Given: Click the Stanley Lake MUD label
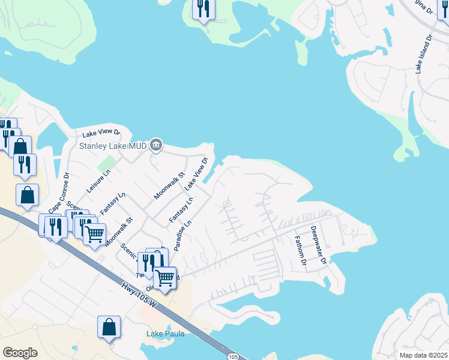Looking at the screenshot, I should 114,145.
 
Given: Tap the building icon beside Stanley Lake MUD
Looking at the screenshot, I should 155,144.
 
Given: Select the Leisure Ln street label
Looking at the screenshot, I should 98,180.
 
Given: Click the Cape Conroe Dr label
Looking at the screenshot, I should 59,193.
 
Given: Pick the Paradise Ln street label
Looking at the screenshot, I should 182,235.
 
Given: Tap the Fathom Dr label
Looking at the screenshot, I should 300,251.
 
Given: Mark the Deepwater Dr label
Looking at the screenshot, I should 318,244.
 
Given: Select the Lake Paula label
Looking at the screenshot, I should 165,334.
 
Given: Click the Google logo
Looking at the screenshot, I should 20,353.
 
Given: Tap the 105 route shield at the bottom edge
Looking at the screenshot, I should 234,356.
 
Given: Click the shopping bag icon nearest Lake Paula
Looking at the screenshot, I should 109,327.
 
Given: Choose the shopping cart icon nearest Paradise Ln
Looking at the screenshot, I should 164,277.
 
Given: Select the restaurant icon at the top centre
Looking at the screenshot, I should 203,8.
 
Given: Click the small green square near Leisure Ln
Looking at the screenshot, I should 106,162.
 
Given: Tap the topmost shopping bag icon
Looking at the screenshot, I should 20,146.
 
